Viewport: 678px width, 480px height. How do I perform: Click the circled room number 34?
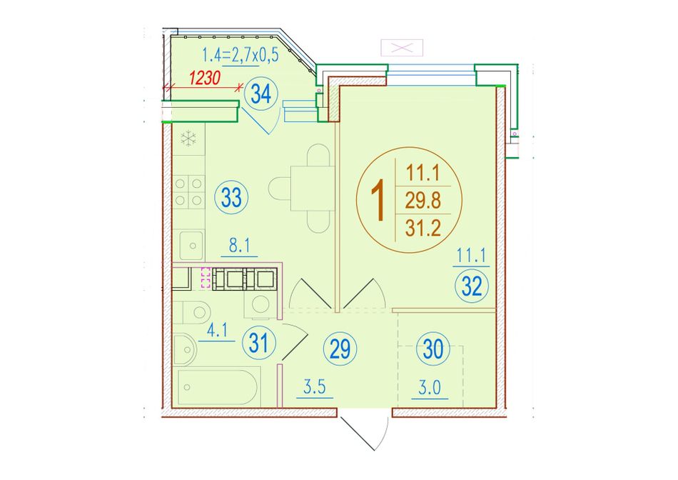click(261, 94)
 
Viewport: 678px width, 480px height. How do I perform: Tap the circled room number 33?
click(231, 198)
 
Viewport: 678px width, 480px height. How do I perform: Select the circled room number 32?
click(471, 286)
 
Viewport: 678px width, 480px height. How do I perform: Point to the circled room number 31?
click(260, 344)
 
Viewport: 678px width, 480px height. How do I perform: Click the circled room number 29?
click(340, 349)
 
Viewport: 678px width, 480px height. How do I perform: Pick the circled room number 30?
click(433, 349)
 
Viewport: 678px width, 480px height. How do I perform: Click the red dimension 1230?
click(205, 79)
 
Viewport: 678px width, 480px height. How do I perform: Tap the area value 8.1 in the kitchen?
click(240, 246)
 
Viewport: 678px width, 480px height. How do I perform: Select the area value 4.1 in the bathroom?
click(217, 331)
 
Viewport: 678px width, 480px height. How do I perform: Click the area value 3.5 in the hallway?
click(314, 387)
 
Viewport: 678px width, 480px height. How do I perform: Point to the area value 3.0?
click(430, 389)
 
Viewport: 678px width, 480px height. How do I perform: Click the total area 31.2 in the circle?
click(423, 227)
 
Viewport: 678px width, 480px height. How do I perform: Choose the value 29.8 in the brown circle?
click(423, 201)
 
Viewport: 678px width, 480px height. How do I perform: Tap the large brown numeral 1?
click(379, 201)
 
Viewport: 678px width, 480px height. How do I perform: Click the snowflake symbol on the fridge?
click(188, 139)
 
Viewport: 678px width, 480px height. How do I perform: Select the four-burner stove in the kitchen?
click(188, 192)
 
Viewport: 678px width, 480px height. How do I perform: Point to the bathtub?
click(219, 386)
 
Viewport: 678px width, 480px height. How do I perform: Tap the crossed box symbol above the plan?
click(402, 48)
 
